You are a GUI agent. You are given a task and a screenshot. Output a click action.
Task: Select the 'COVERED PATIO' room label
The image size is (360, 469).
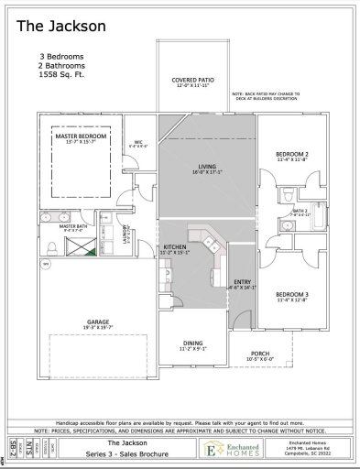pyautogui.click(x=193, y=81)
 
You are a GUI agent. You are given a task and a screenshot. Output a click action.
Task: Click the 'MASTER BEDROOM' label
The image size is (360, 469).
pyautogui.click(x=81, y=136)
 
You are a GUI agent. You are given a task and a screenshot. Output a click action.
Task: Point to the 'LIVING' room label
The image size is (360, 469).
pyautogui.click(x=206, y=166)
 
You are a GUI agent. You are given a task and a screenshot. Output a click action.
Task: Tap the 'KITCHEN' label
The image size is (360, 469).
pyautogui.click(x=175, y=247)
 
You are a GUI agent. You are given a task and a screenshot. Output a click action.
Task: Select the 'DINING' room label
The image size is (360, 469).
pyautogui.click(x=193, y=344)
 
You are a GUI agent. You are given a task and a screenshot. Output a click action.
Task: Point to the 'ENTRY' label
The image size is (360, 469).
pyautogui.click(x=242, y=282)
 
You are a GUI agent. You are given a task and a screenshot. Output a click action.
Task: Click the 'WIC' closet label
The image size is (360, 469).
pyautogui.click(x=138, y=141)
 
